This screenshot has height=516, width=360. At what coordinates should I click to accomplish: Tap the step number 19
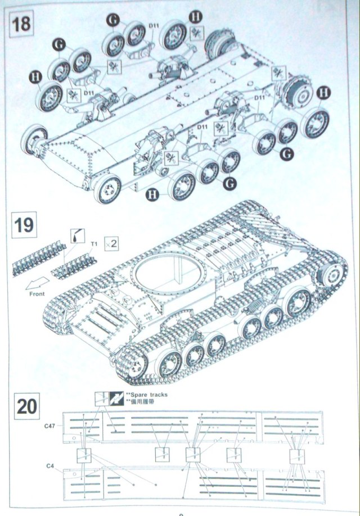(x=24, y=225)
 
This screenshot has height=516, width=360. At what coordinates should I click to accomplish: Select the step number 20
(x=26, y=405)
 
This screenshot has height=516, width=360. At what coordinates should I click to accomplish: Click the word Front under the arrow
(x=38, y=293)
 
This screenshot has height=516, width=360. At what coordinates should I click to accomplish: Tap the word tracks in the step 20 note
(x=159, y=395)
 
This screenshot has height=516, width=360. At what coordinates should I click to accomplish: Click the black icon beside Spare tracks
(x=117, y=399)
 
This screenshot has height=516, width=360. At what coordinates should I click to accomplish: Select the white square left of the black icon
(x=102, y=399)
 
